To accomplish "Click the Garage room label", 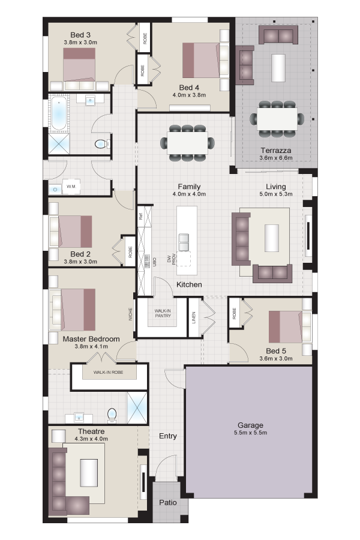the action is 250,425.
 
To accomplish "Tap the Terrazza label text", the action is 275,151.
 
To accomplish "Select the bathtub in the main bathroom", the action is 59,113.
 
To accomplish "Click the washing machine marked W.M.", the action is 71,187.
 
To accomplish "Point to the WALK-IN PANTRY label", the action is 163,313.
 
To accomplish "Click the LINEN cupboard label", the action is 194,317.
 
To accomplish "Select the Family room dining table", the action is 187,143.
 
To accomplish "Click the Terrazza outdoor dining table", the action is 277,119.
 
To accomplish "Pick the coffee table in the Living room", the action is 271,238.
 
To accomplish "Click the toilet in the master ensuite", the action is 112,415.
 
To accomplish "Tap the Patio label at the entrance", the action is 168,502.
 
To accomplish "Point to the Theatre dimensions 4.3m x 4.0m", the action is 91,439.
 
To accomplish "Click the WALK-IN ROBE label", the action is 108,372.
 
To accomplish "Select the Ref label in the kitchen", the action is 140,216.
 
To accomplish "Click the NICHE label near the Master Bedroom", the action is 131,314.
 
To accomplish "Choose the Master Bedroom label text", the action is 91,339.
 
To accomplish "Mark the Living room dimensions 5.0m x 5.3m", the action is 276,194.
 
